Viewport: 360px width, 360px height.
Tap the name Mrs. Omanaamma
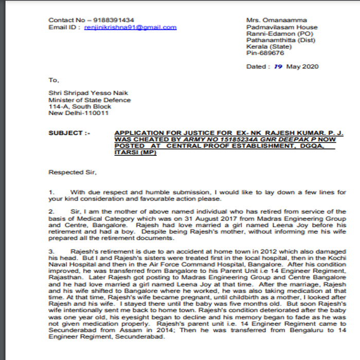click(x=272, y=20)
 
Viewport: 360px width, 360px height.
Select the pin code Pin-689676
click(x=265, y=53)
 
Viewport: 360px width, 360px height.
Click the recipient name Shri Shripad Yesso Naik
click(x=88, y=93)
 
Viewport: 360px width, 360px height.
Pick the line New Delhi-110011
click(x=78, y=113)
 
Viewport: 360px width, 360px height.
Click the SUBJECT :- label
click(x=69, y=133)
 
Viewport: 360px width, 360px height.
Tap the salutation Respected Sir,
click(x=73, y=172)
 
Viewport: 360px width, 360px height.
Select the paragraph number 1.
click(x=51, y=192)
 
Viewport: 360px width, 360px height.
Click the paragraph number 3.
click(x=51, y=250)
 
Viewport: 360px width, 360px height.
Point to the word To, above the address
click(x=54, y=80)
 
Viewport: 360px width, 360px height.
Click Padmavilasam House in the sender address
click(x=282, y=27)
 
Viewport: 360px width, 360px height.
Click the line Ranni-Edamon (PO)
click(x=279, y=33)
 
